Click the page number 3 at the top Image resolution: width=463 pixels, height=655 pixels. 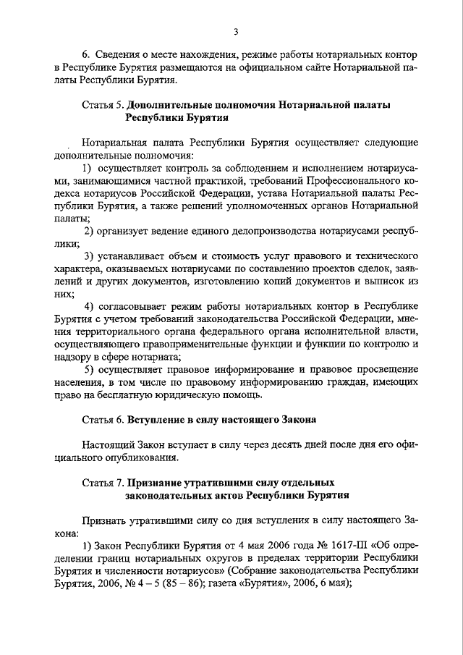tap(236, 30)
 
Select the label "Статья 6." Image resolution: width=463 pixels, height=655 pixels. tap(104, 420)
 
